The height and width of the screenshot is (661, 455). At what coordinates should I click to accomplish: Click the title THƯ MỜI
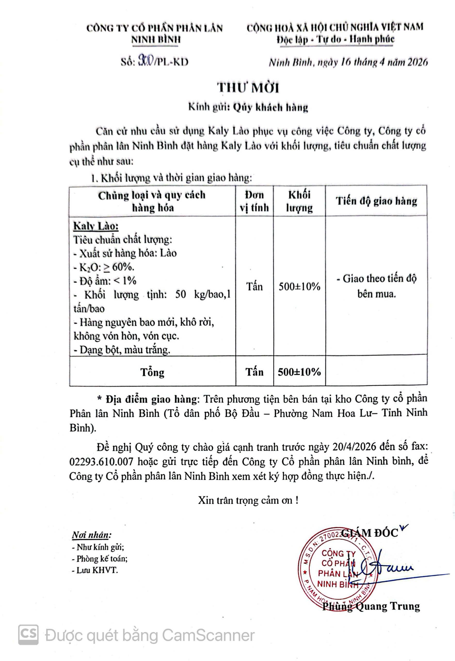[248, 87]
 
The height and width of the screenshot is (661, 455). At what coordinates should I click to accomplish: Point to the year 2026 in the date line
[417, 62]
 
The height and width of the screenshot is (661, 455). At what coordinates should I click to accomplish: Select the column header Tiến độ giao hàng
[376, 201]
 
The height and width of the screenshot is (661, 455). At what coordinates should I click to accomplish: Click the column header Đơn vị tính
[254, 201]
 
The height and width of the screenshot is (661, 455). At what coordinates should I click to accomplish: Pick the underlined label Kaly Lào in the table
[96, 226]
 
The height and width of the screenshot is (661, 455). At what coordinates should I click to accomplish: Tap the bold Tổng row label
[152, 372]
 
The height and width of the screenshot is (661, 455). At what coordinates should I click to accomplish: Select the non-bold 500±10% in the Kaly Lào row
[299, 286]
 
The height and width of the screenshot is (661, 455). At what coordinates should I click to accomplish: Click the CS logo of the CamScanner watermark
[28, 635]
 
